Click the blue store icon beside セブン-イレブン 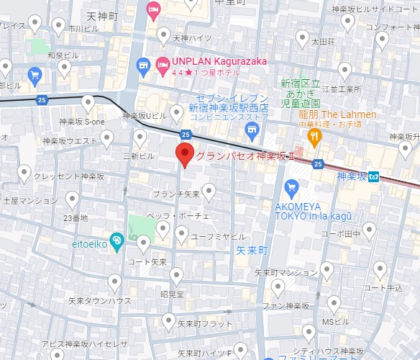pos(251,129)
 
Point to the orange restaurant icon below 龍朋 pos(314,135)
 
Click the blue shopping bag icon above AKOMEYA pos(291,189)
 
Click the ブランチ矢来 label pos(176,194)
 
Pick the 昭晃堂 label pos(172,294)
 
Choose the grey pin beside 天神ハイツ pos(159,36)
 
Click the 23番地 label pos(76,217)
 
